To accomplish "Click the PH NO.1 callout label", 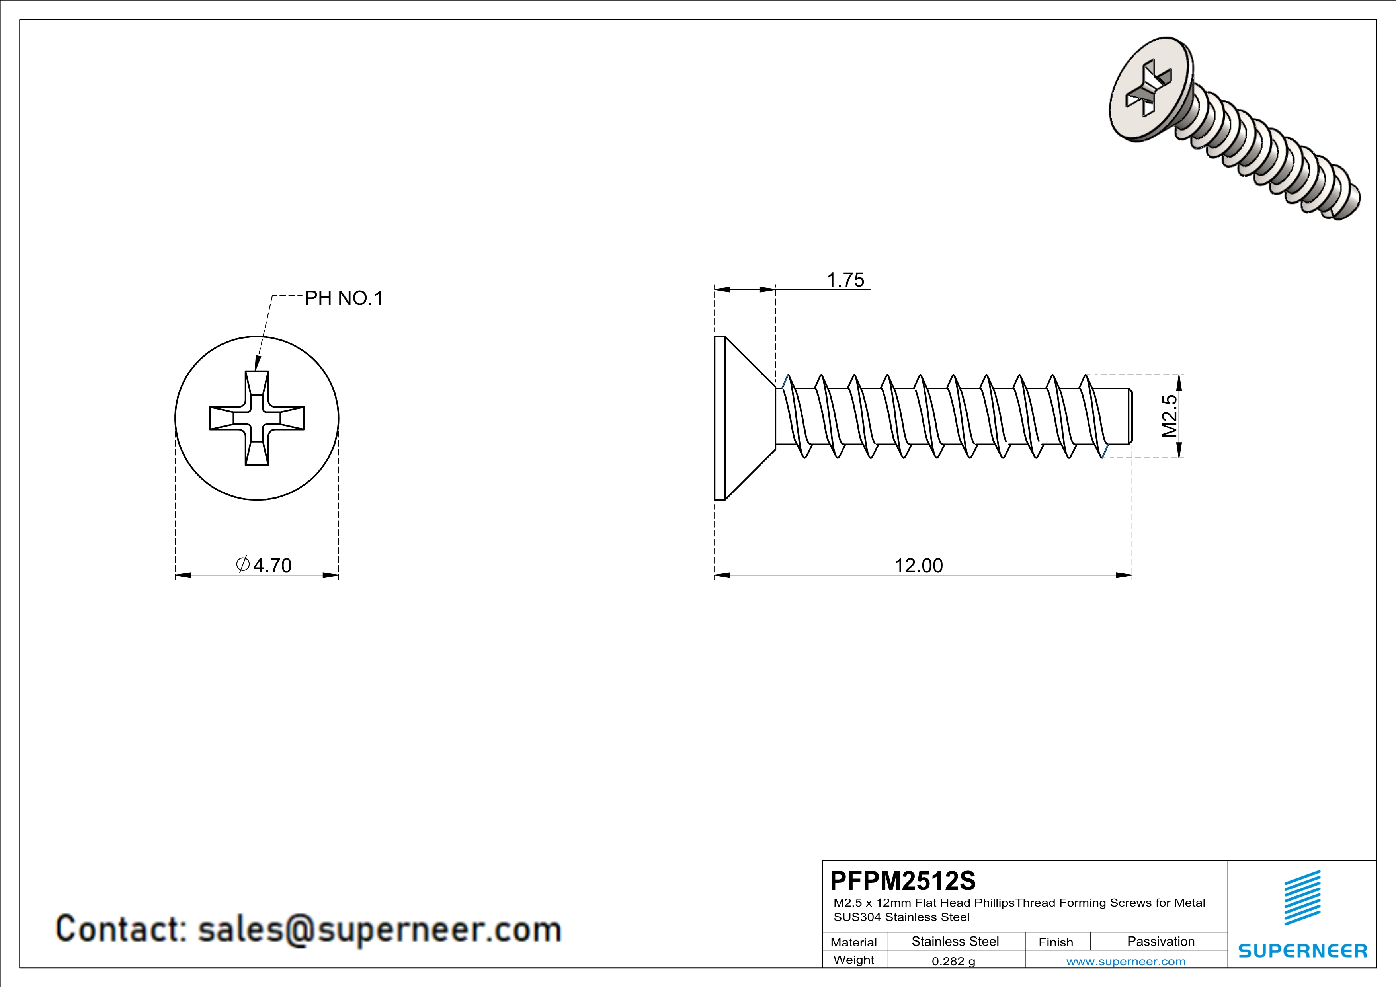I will coord(344,298).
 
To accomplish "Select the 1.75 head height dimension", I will coord(845,280).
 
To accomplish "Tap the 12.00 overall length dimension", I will coord(918,565).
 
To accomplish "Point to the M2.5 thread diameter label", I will coord(1169,416).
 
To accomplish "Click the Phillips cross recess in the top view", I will coord(257,418).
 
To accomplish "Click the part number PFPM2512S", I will coord(902,880).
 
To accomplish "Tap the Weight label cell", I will coord(854,960).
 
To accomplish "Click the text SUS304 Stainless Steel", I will coord(901,917).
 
